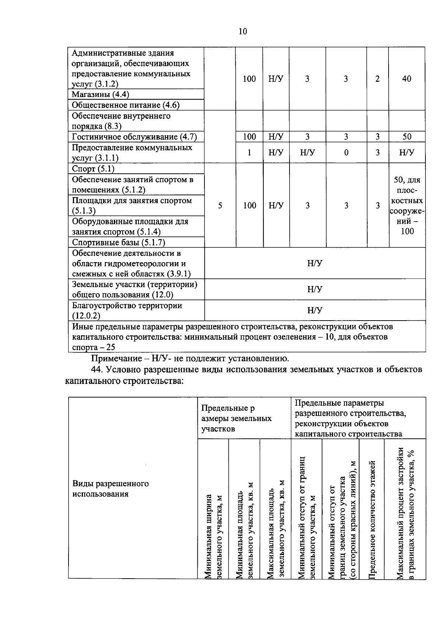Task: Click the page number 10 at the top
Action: pos(243,31)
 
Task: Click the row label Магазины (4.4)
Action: pos(100,94)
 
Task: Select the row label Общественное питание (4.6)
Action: pos(126,105)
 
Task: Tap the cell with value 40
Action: pos(407,79)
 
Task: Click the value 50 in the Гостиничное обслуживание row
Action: pos(407,137)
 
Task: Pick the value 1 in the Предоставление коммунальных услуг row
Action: pos(249,152)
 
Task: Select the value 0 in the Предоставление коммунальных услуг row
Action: pos(346,152)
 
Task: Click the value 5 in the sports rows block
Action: pos(220,205)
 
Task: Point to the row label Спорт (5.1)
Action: pos(93,169)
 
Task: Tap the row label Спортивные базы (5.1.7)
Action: pos(118,243)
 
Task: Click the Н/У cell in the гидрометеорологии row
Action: pos(315,263)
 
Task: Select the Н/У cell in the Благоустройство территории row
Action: pos(315,310)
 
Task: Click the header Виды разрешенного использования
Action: pos(110,488)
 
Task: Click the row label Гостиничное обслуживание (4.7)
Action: pos(134,137)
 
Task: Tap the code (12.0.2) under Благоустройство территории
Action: pos(86,316)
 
